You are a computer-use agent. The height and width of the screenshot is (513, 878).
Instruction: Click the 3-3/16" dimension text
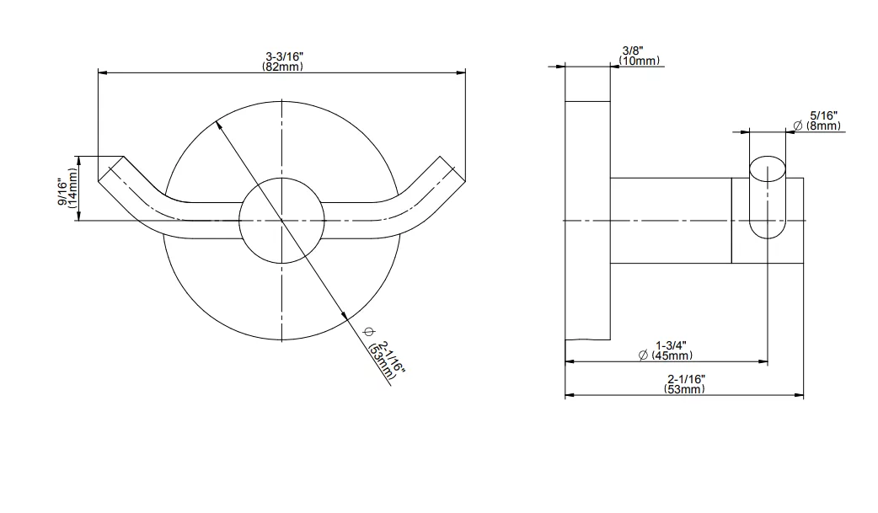pos(284,56)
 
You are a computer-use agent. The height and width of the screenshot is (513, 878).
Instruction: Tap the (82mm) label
pos(283,67)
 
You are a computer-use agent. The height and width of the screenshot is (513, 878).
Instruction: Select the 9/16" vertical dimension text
pos(62,190)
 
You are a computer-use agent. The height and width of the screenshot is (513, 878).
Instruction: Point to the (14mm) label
pos(72,188)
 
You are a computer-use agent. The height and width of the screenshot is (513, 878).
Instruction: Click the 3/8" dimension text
pos(633,51)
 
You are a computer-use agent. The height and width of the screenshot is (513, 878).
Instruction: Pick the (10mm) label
pos(639,61)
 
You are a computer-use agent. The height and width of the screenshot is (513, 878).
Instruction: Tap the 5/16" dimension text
pos(824,116)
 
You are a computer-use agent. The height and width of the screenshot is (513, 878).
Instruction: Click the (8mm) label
pos(823,126)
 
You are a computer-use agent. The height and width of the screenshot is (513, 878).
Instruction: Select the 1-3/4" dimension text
pos(671,345)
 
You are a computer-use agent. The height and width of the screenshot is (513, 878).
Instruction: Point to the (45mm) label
pos(672,355)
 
